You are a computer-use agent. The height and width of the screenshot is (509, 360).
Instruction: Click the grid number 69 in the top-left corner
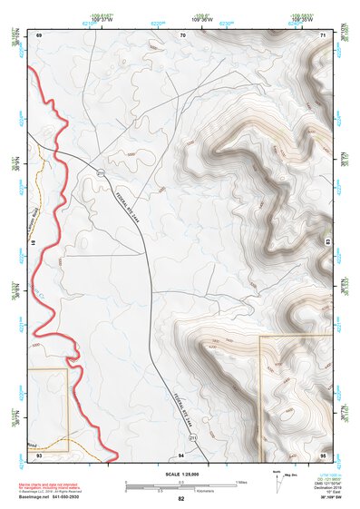coord(40,34)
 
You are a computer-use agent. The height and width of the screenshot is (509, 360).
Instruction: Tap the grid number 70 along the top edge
coord(182,34)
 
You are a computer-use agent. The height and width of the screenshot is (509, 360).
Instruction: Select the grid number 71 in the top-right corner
coord(324,34)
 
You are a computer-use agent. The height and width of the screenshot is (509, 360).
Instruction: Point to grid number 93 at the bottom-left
coord(39,454)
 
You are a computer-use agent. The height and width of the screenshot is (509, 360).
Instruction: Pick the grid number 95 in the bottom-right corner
coord(323,454)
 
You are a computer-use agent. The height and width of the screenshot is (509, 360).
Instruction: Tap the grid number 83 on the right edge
coord(328,241)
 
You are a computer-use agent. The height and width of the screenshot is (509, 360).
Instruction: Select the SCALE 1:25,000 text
coord(180,475)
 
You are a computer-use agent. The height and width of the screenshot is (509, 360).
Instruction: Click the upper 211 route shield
coord(101,172)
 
